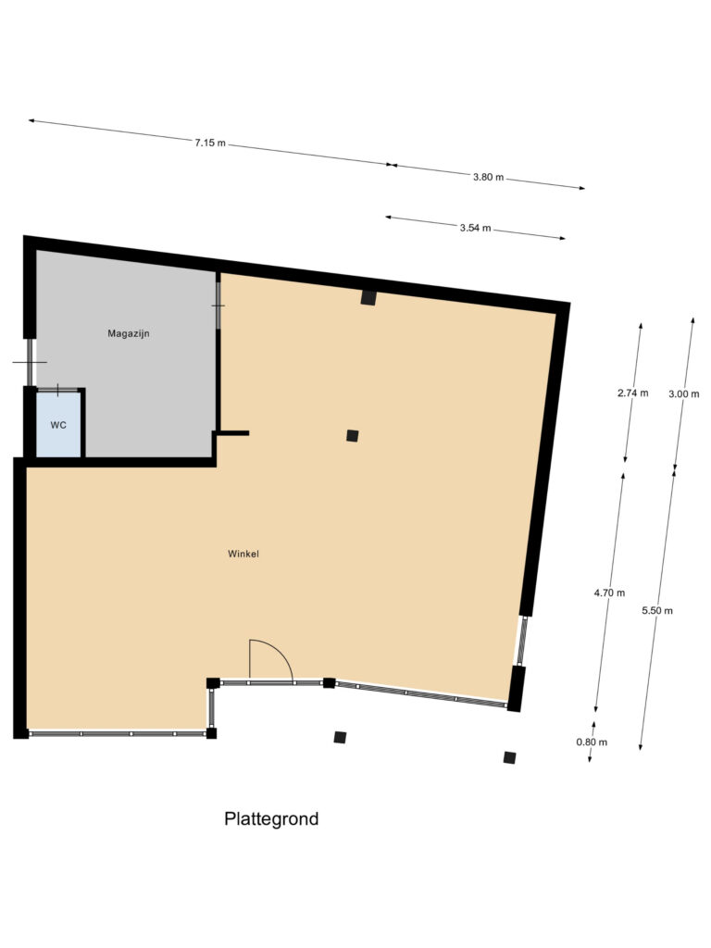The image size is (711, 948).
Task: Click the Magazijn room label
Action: tap(128, 333)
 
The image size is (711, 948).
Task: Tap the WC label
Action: tap(58, 425)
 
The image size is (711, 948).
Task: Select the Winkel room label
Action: tap(243, 554)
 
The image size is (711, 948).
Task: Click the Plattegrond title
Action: tap(271, 818)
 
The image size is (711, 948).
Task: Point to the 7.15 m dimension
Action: tap(210, 143)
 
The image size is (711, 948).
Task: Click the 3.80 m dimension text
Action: tap(488, 177)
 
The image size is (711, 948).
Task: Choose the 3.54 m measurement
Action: tap(475, 228)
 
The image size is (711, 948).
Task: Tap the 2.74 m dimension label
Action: tap(632, 393)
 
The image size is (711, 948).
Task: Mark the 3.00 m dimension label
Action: tap(683, 393)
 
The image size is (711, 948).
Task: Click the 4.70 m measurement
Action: tap(609, 593)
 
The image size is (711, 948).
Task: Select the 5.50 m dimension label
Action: tap(657, 611)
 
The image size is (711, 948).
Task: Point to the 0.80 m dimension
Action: tap(592, 742)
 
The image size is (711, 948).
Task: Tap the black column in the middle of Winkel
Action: tap(353, 435)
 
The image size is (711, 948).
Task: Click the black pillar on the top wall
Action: tap(368, 297)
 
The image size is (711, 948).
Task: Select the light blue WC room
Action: tap(58, 425)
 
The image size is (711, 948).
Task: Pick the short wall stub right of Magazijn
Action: tap(232, 433)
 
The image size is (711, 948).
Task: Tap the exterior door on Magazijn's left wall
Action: tap(29, 362)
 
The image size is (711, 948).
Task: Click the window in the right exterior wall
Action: tap(520, 641)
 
